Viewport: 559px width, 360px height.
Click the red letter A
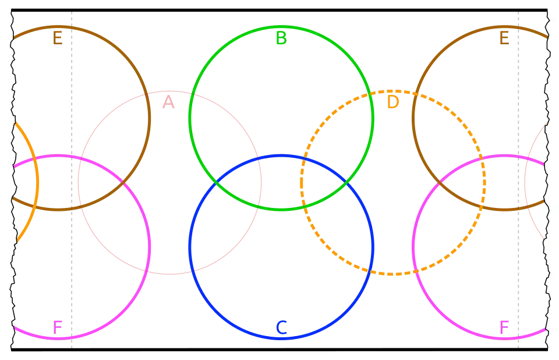click(168, 103)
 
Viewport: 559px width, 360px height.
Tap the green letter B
click(281, 38)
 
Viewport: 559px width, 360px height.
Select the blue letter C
click(281, 328)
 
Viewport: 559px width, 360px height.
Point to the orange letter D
click(393, 103)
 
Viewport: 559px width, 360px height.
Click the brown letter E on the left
click(58, 39)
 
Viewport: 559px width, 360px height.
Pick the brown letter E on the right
click(504, 39)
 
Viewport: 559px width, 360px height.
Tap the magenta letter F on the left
click(58, 327)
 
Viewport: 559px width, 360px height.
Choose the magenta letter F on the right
click(504, 327)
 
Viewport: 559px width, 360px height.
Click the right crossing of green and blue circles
click(346, 183)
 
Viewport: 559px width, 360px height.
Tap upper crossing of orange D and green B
click(371, 93)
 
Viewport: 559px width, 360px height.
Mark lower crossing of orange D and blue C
click(370, 271)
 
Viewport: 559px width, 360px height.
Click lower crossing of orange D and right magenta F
click(416, 271)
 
